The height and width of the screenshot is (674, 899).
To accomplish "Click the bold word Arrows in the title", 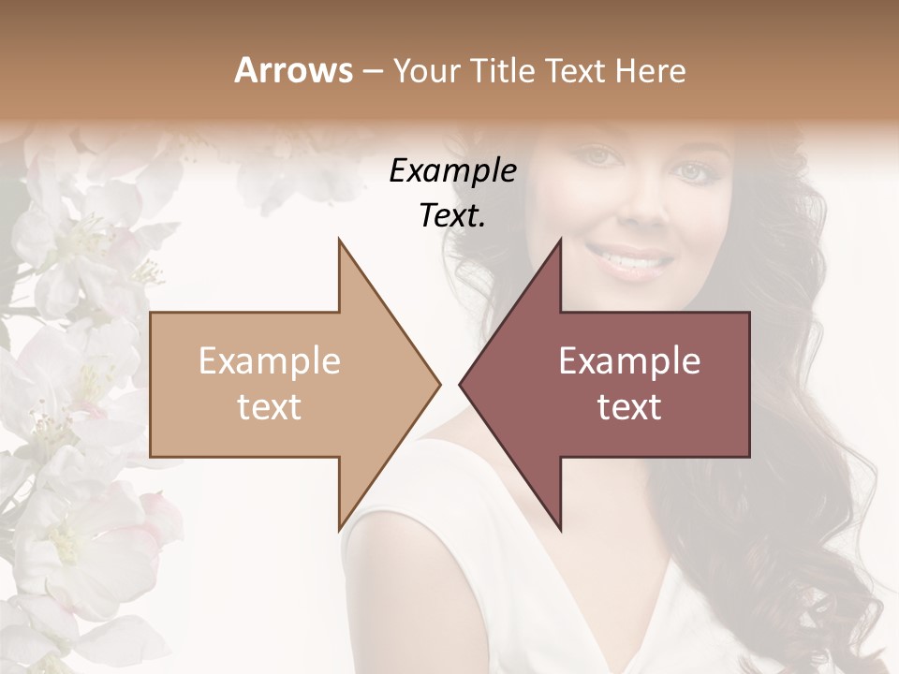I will (x=293, y=70).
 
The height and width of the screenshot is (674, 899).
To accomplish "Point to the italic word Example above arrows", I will (x=453, y=171).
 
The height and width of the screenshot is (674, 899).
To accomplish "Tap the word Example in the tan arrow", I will (x=270, y=360).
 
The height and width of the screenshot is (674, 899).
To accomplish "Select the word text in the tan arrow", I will (x=270, y=406).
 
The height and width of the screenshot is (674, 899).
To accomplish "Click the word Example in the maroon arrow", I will (x=629, y=360).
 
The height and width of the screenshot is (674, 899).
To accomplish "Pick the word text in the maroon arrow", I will (x=629, y=406).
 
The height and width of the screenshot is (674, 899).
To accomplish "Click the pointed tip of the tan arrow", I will (x=439, y=384).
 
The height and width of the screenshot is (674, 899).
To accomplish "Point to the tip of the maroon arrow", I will (x=460, y=384).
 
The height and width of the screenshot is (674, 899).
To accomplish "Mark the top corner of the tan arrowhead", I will (x=339, y=240).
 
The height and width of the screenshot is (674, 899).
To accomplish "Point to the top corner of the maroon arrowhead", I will (x=560, y=240).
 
